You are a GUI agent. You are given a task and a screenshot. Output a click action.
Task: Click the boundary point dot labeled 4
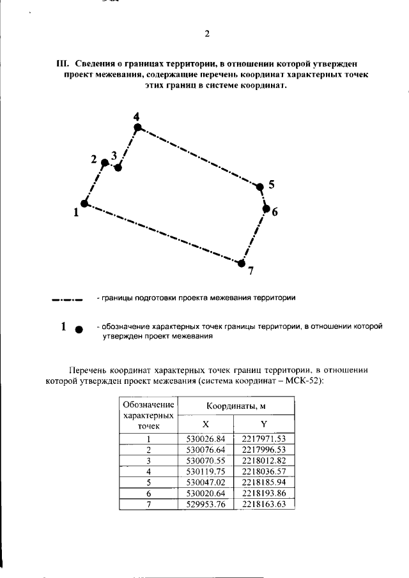[x=137, y=128]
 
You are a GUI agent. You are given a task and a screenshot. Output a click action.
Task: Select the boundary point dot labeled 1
[x=84, y=203]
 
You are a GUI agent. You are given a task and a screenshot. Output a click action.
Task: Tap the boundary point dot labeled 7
[x=240, y=262]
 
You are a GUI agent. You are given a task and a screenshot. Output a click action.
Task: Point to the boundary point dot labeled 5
[x=259, y=186]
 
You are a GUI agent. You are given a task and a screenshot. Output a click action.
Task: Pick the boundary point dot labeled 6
[x=266, y=208]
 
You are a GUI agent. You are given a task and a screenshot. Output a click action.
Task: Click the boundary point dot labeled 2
[x=104, y=162]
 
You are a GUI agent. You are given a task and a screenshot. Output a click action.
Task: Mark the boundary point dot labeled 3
[x=118, y=167]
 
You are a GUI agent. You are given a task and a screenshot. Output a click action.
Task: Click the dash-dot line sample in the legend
[x=68, y=299]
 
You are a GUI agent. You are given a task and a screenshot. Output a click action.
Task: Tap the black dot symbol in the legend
[x=79, y=330]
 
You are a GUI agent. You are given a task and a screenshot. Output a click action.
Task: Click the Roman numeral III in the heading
[x=62, y=65]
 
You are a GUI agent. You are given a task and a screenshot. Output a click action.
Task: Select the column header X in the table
[x=205, y=425]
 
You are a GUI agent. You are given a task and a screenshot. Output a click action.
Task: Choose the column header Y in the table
[x=264, y=425]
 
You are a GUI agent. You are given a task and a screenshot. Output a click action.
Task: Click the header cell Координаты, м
[x=235, y=406]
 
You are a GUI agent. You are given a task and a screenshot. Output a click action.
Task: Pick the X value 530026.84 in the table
[x=206, y=439]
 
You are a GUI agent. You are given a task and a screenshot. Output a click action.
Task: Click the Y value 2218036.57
[x=263, y=471]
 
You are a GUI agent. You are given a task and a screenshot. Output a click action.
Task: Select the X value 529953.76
[x=206, y=504]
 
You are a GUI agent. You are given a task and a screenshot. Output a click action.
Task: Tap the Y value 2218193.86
[x=263, y=493]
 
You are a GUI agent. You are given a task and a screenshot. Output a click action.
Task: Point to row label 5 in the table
[x=148, y=482]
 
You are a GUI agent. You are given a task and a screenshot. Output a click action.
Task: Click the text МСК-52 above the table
[x=305, y=381]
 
